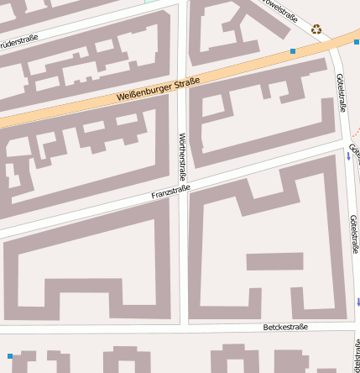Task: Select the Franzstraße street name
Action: pos(170,193)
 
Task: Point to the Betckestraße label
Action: pos(285,326)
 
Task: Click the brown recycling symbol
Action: pos(316,29)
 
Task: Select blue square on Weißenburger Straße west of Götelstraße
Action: pos(293,52)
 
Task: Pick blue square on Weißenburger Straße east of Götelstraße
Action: pos(357,41)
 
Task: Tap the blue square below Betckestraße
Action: pos(10,356)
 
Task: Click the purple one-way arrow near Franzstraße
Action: pos(348,157)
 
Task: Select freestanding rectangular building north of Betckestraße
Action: pos(274,261)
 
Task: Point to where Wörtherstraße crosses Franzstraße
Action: pos(185,189)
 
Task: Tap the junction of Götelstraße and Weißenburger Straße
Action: pos(334,46)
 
